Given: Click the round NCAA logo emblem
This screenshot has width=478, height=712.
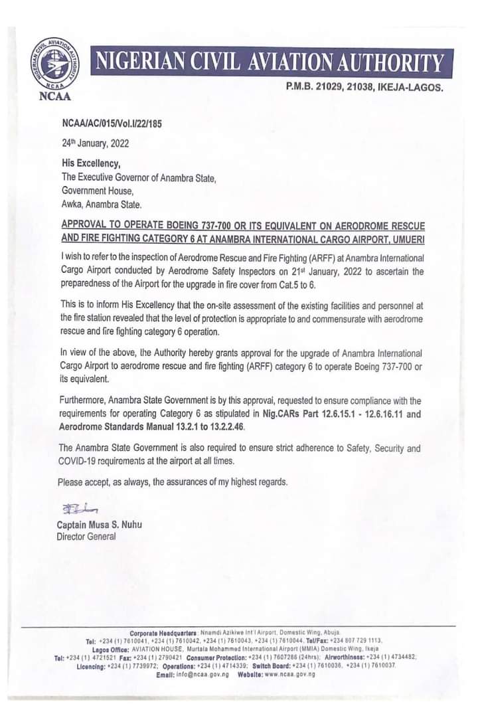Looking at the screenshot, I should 56,65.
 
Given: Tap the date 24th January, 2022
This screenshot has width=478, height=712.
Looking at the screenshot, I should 96,143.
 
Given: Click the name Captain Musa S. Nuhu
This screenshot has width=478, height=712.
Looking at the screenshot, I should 99,525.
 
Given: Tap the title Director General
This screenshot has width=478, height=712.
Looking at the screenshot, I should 86,537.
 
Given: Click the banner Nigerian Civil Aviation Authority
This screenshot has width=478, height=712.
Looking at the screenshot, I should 270,63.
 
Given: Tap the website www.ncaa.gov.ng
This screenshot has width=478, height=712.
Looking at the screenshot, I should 289,673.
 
